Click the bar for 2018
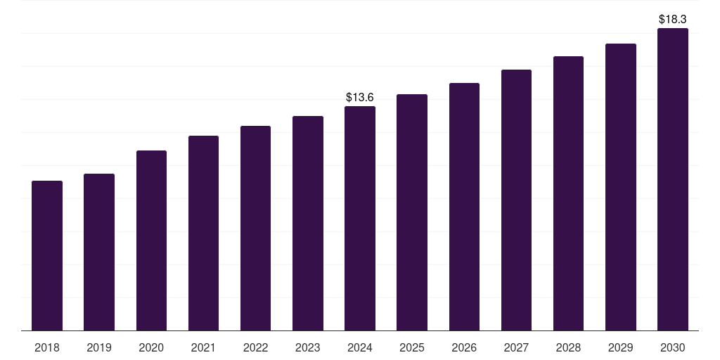coord(47,256)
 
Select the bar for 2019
coord(99,252)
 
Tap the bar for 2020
coord(152,240)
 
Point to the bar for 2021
coord(203,233)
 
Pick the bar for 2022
coord(255,229)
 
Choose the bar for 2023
coord(308,223)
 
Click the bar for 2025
coord(412,212)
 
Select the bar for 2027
coord(516,200)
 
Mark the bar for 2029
coord(621,187)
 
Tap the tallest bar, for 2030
coord(673,179)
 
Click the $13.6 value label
coord(360,97)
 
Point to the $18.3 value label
coord(673,19)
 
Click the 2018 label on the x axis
coord(47,347)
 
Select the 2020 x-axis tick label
coord(152,347)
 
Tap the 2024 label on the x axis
coord(360,347)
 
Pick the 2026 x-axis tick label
coord(464,347)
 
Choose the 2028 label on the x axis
coord(568,347)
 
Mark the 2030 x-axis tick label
coord(673,347)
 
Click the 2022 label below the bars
coord(255,347)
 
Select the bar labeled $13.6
coord(360,219)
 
